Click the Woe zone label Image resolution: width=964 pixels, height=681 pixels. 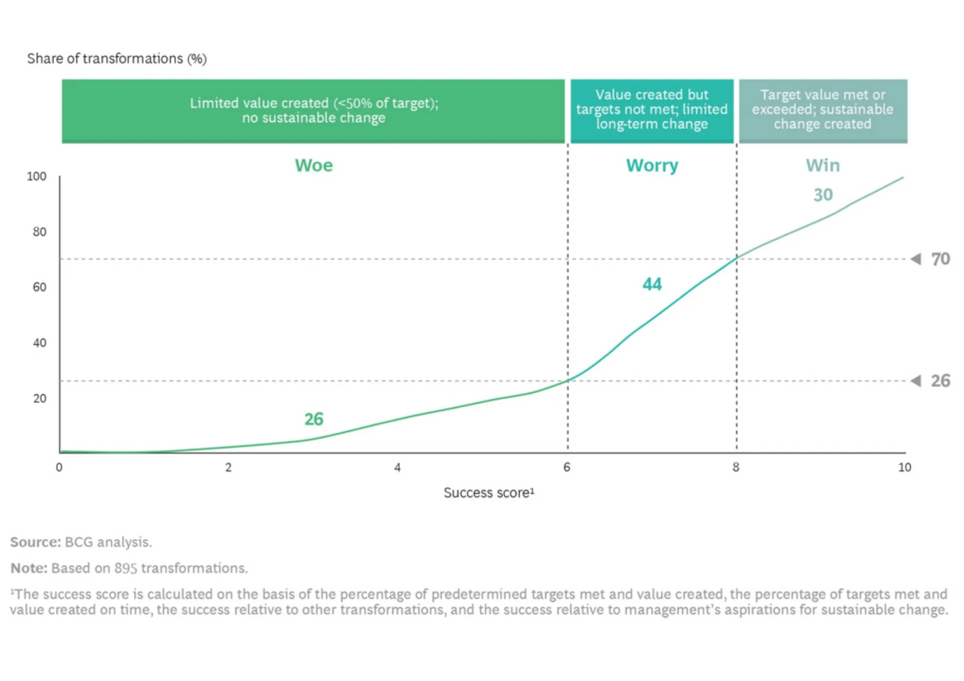pyautogui.click(x=313, y=166)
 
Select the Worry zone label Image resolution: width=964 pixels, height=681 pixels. pyautogui.click(x=652, y=166)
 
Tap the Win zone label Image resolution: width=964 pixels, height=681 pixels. pyautogui.click(x=822, y=166)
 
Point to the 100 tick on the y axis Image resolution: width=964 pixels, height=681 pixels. pyautogui.click(x=36, y=176)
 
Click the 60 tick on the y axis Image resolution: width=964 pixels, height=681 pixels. pyautogui.click(x=40, y=287)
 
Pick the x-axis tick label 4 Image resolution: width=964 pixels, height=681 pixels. pyautogui.click(x=397, y=467)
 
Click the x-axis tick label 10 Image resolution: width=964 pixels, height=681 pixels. pyautogui.click(x=904, y=467)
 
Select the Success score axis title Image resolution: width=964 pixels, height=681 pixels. pyautogui.click(x=489, y=493)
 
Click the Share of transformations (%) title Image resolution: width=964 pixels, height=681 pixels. pyautogui.click(x=117, y=58)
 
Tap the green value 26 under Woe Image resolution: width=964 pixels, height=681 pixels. pyautogui.click(x=313, y=419)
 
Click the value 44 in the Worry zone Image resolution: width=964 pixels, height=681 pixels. pyautogui.click(x=652, y=284)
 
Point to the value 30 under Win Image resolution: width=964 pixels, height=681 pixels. pyautogui.click(x=823, y=195)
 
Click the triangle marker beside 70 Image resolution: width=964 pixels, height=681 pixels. pyautogui.click(x=915, y=259)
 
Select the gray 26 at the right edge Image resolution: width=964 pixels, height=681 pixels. pyautogui.click(x=940, y=381)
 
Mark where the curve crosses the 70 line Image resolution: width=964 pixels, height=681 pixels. pyautogui.click(x=736, y=258)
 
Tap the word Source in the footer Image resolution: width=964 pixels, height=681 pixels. pyautogui.click(x=36, y=542)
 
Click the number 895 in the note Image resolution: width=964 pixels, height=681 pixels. pyautogui.click(x=125, y=568)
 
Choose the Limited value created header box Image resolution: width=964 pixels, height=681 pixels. pyautogui.click(x=313, y=111)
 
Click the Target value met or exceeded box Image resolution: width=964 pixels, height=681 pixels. pyautogui.click(x=823, y=111)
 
